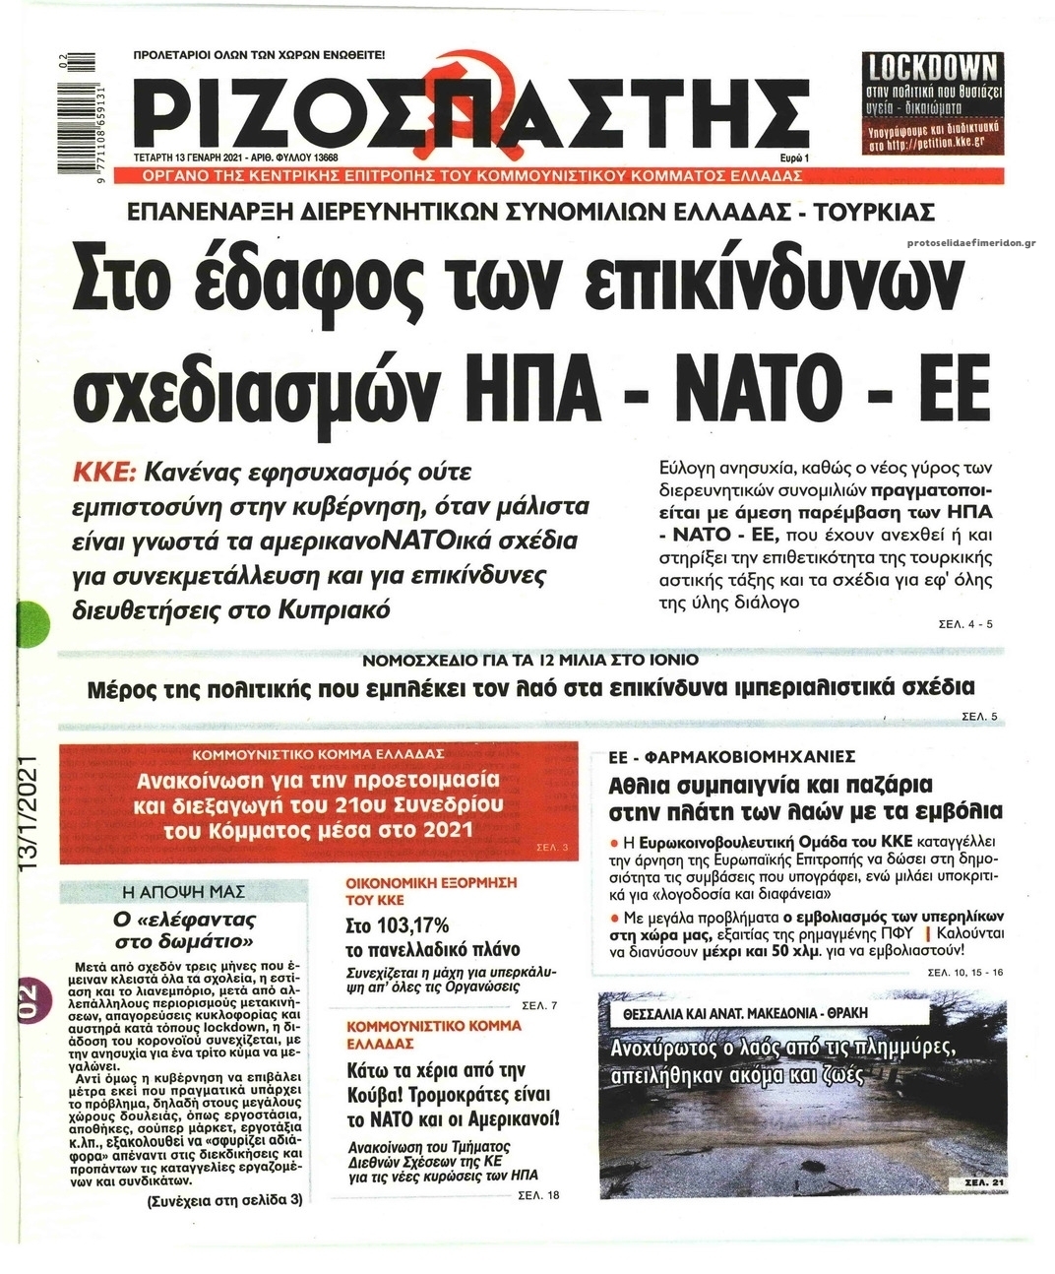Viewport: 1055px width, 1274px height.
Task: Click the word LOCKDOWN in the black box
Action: point(930,70)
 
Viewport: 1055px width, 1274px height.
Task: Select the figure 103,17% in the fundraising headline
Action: point(398,925)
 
